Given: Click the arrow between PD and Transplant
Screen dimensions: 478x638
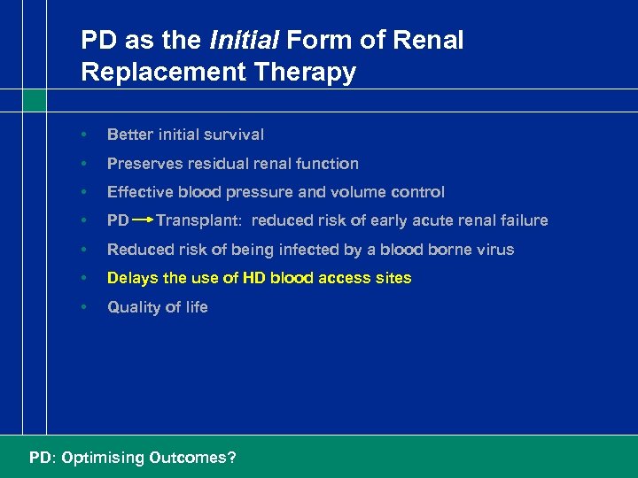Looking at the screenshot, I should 143,220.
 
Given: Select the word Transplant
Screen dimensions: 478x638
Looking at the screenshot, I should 198,220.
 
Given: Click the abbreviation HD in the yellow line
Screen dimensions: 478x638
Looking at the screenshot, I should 231,278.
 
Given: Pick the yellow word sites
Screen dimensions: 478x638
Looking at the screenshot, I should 393,278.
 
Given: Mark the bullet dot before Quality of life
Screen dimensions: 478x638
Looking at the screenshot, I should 82,307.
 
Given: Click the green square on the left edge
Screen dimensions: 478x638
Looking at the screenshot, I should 34,100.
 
